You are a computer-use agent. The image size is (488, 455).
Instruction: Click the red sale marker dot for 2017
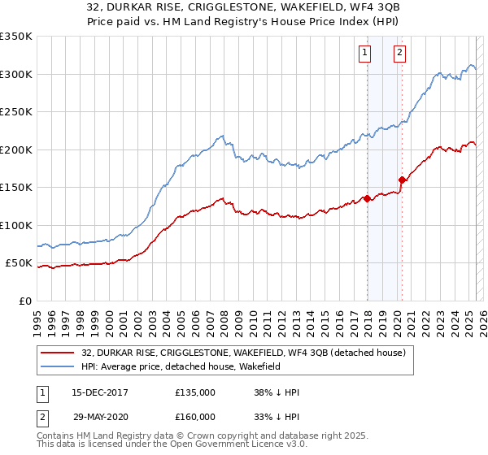click(x=367, y=197)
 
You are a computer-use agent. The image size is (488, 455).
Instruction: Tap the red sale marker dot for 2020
click(x=402, y=180)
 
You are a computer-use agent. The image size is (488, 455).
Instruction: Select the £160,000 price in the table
click(x=195, y=417)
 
